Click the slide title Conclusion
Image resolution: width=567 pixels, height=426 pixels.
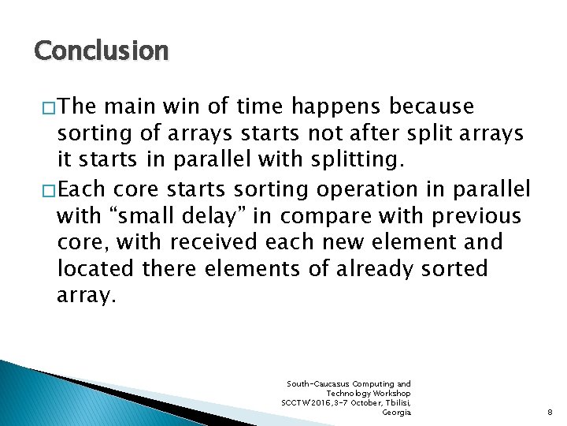coord(101,51)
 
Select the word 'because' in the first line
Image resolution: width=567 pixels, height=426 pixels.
coord(435,106)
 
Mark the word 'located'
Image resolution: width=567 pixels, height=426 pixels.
coord(95,269)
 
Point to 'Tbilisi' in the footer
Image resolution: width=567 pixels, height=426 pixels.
coord(393,403)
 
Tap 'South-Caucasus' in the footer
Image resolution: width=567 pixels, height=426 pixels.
coord(317,384)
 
